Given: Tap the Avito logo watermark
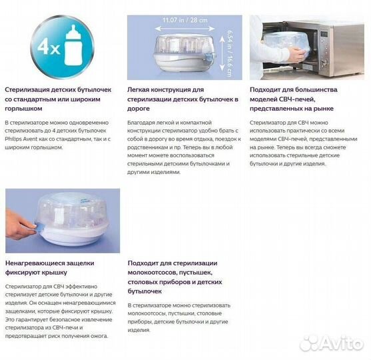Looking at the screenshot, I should (330, 343).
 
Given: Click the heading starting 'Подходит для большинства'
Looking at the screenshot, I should (293, 89).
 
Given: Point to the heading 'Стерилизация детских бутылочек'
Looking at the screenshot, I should (59, 89).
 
